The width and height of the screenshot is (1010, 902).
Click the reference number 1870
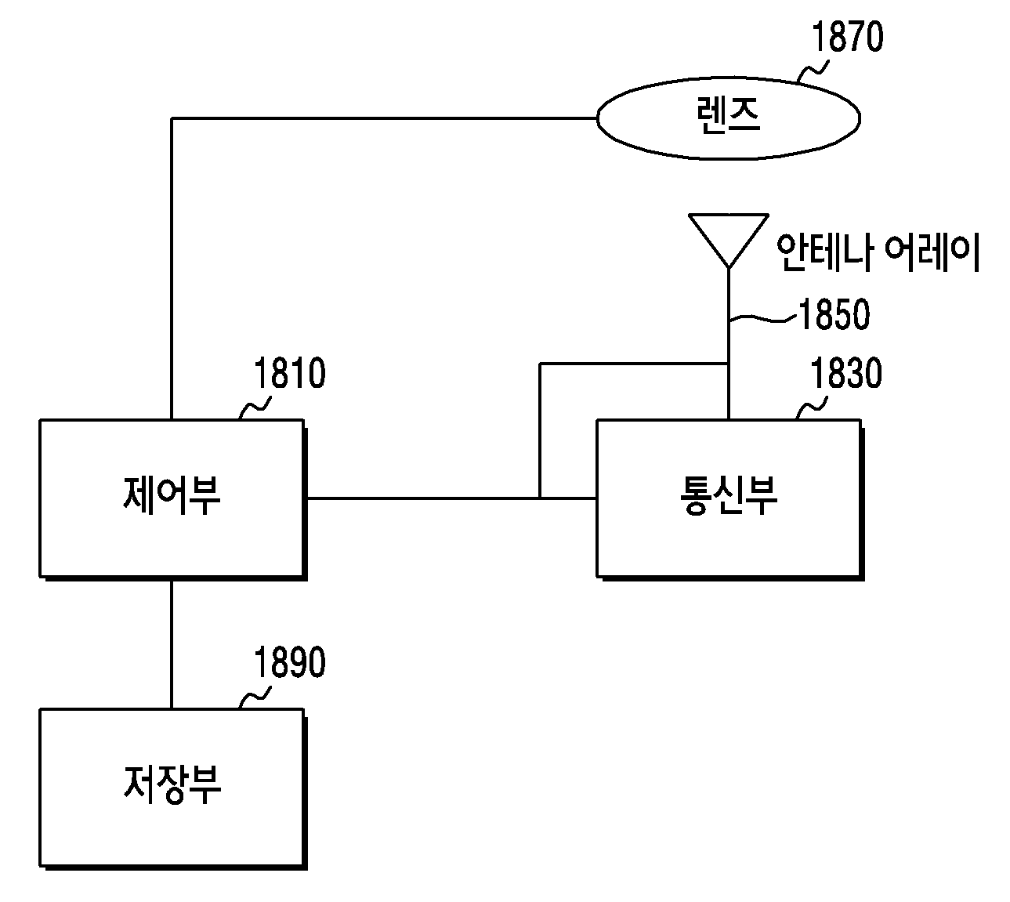(847, 37)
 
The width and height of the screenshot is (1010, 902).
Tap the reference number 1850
(834, 314)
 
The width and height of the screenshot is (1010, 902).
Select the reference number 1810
(290, 373)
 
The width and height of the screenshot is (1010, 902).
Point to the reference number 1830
(846, 373)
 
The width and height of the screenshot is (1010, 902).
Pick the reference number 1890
(290, 662)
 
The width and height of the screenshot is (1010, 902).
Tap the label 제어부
(172, 494)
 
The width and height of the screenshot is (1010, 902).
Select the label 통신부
(729, 494)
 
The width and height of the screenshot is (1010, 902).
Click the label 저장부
(172, 784)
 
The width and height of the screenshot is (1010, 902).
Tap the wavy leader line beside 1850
(762, 318)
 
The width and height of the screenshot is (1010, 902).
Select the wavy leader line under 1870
(813, 71)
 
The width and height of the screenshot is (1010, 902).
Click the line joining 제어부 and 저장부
(172, 644)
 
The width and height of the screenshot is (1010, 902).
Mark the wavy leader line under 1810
(255, 408)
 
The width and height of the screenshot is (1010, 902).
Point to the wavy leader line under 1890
(255, 697)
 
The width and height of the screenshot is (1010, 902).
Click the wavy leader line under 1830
(812, 408)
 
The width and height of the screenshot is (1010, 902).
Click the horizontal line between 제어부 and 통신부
(451, 498)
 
